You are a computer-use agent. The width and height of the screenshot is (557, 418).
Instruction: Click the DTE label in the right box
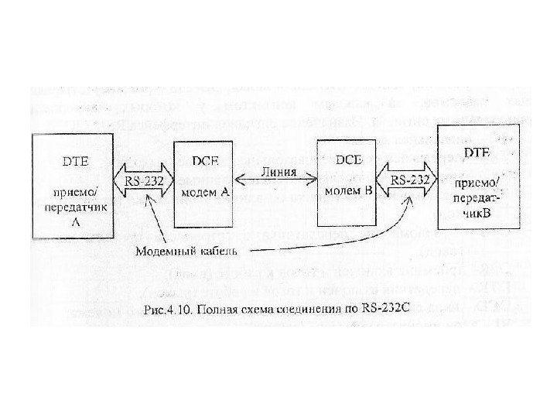[476, 155]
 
